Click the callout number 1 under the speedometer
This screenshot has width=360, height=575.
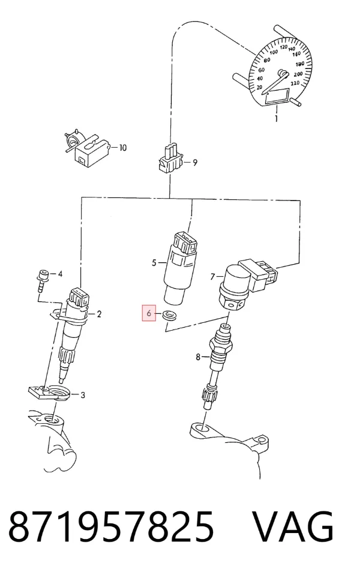277,118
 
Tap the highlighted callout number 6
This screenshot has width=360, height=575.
149,313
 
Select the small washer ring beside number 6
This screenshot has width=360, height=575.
169,315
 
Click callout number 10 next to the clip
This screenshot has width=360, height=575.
123,148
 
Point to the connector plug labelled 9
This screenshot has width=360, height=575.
170,160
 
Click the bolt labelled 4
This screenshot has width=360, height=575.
43,280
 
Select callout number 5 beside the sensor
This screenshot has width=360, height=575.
154,262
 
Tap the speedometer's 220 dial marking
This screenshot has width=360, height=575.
295,83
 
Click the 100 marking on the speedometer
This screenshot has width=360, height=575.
274,52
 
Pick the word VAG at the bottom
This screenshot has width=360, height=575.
293,527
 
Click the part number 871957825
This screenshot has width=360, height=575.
111,527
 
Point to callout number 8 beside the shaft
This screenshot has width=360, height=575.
198,356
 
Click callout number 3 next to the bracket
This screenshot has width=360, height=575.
83,395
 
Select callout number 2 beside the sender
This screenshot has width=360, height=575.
98,314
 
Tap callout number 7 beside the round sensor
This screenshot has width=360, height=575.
212,276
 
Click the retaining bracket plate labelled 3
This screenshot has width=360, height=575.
49,393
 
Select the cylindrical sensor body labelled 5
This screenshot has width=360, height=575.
179,267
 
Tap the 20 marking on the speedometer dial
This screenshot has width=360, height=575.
259,87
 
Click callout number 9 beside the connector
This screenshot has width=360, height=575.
195,163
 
